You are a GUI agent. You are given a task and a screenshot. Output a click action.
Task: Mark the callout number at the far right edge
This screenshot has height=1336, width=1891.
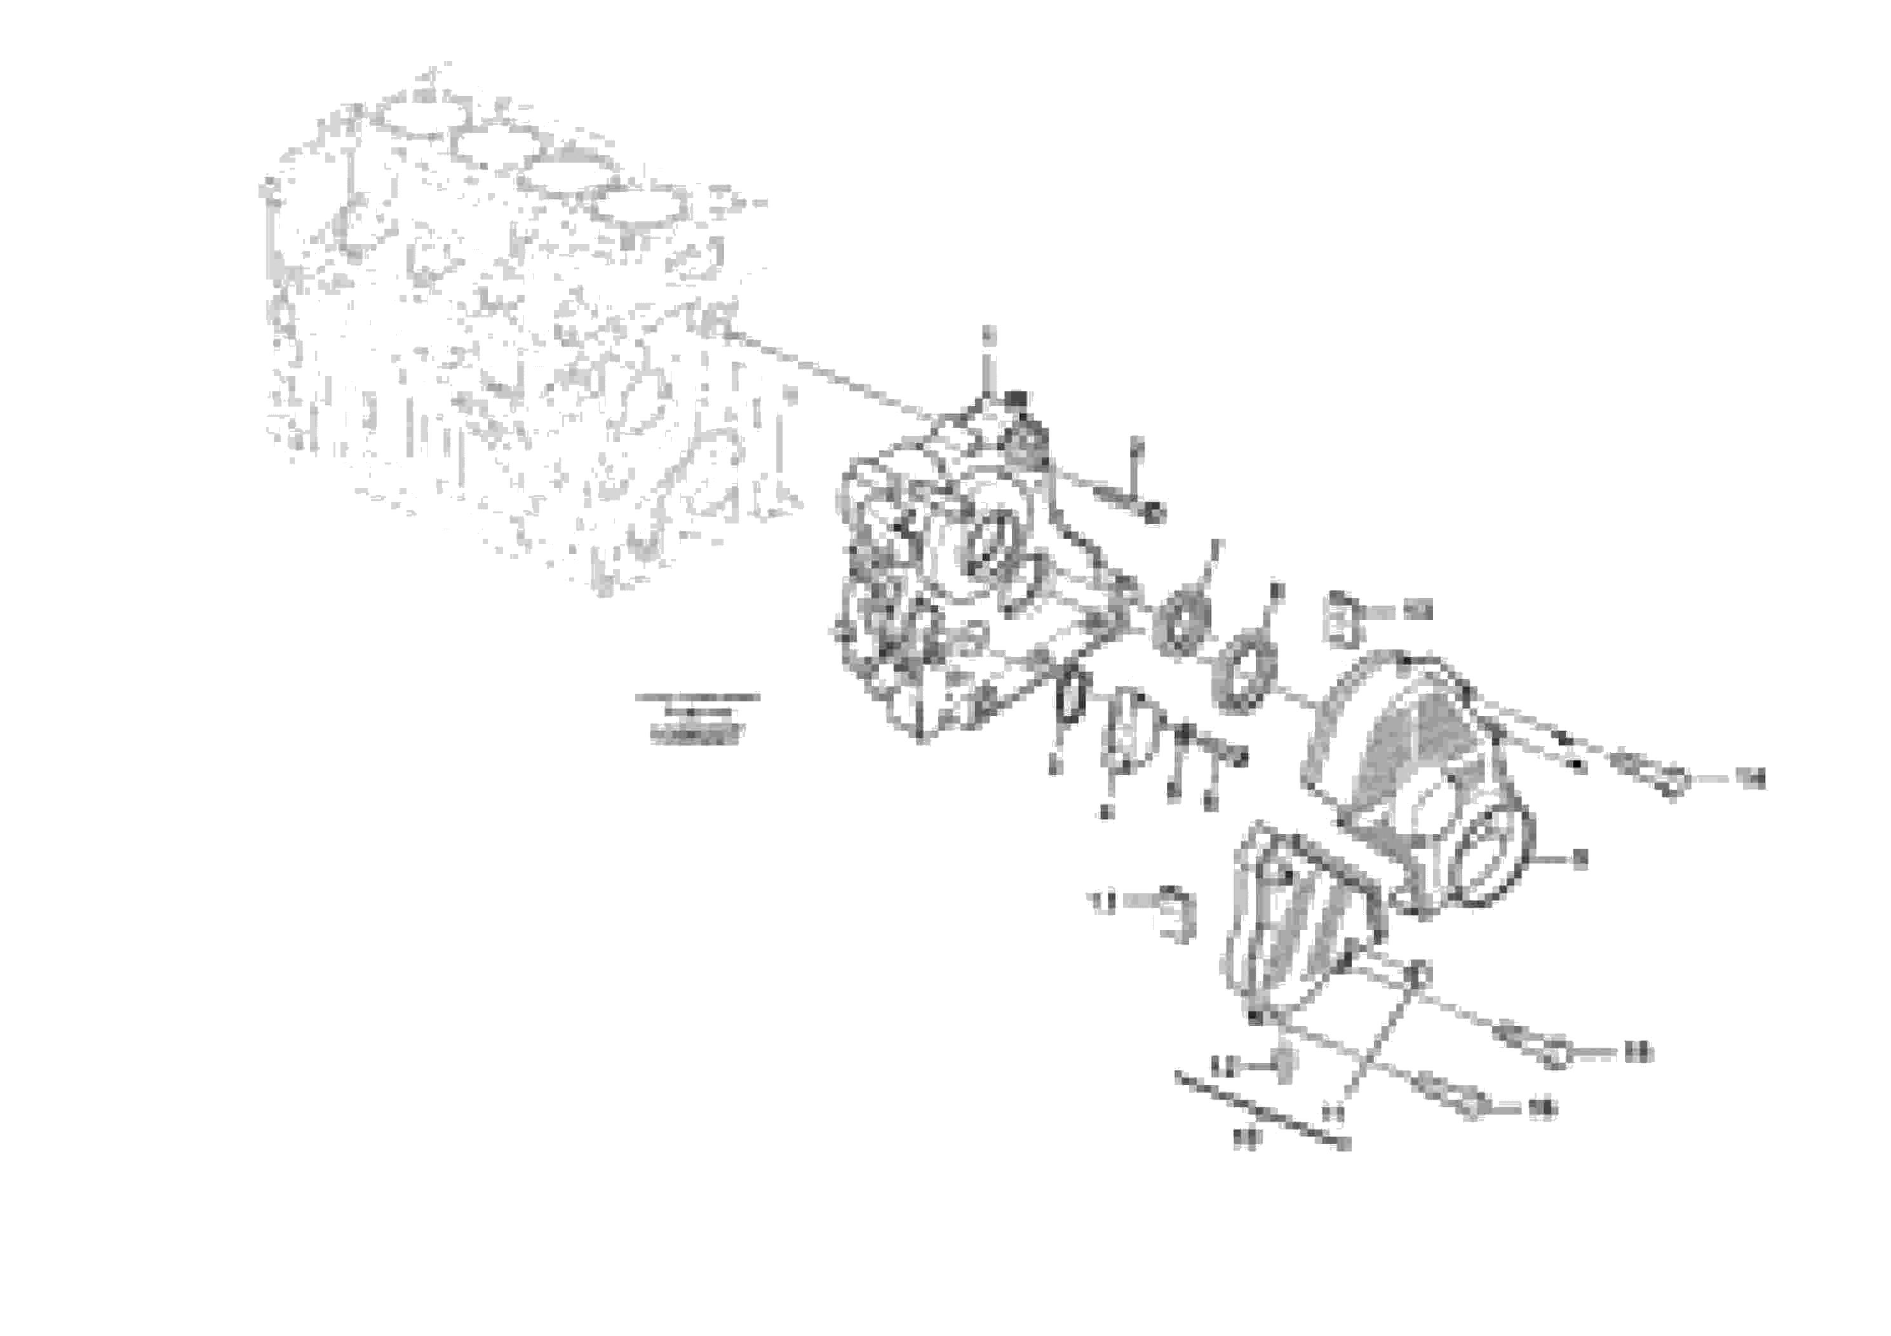(x=1751, y=778)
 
